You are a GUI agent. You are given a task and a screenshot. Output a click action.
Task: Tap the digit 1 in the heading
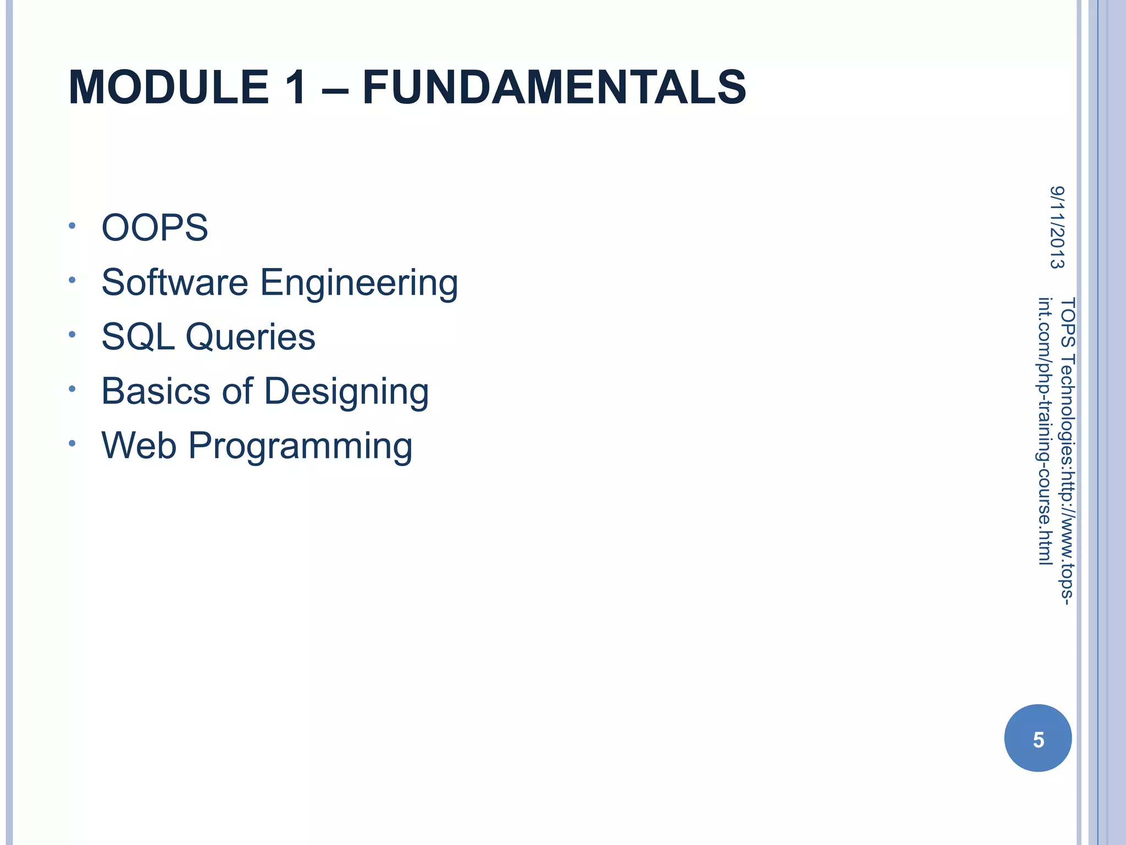(295, 87)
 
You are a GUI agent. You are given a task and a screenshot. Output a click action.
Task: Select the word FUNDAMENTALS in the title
(554, 87)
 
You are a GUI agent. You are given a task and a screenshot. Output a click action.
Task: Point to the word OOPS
(154, 228)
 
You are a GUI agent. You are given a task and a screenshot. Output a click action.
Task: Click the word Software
(175, 282)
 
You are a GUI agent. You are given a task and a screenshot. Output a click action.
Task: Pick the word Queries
(250, 337)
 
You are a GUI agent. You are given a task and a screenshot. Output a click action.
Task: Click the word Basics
(156, 391)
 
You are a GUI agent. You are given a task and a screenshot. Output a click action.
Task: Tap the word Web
(139, 445)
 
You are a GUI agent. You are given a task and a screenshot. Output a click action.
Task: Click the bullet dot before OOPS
(72, 226)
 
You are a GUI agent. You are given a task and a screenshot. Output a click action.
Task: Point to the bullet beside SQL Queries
(72, 334)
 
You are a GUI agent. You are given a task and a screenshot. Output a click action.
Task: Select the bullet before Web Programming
(72, 443)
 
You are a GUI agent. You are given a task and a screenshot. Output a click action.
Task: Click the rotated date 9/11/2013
(1057, 227)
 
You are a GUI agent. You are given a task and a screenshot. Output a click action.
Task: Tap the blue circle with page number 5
(1037, 738)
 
